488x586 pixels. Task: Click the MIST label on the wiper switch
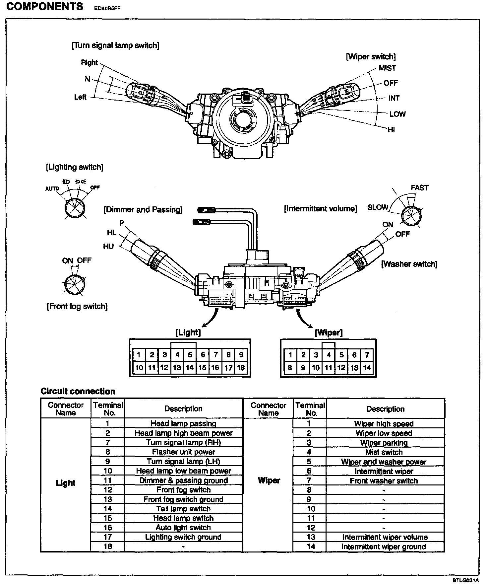(387, 68)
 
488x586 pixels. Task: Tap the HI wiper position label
(391, 130)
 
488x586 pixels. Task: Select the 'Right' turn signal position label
(89, 62)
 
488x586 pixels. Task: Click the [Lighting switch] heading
(75, 167)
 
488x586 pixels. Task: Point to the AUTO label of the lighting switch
(52, 189)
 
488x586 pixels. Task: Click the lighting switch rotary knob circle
(75, 209)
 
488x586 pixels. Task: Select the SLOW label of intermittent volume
(378, 207)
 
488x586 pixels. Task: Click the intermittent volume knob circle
(411, 216)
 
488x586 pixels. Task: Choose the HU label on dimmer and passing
(108, 246)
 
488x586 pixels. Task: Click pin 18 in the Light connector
(241, 368)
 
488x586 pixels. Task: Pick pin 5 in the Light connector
(190, 355)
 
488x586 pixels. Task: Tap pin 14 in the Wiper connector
(367, 368)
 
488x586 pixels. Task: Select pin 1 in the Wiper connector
(290, 355)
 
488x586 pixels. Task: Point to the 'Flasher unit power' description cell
(183, 452)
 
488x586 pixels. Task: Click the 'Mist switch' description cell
(384, 452)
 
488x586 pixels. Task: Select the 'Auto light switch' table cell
(183, 528)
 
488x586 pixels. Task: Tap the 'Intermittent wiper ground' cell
(384, 547)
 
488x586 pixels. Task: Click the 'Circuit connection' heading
(78, 392)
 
